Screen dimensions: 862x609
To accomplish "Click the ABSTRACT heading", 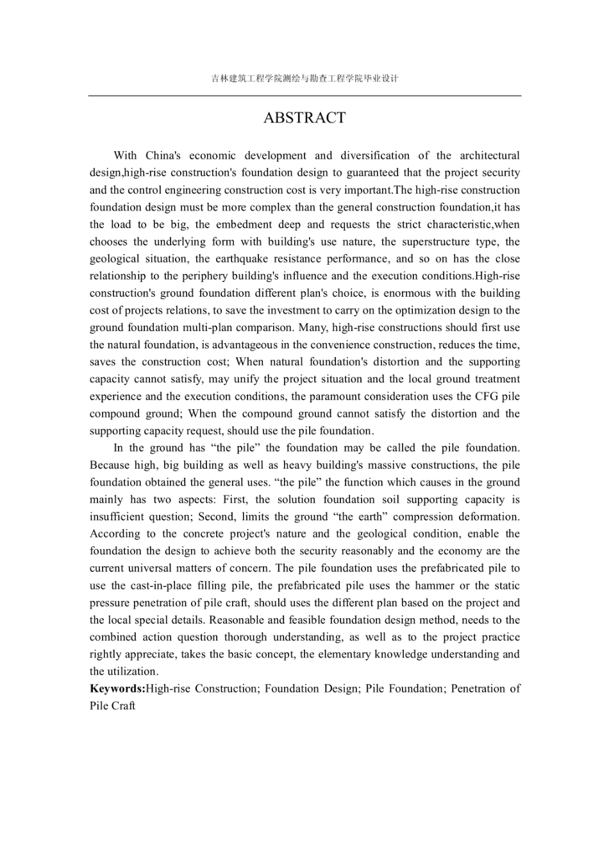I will [x=304, y=118].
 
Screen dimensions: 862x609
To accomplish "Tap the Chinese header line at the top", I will [x=304, y=79].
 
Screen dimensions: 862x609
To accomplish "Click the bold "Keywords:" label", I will [x=117, y=689].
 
